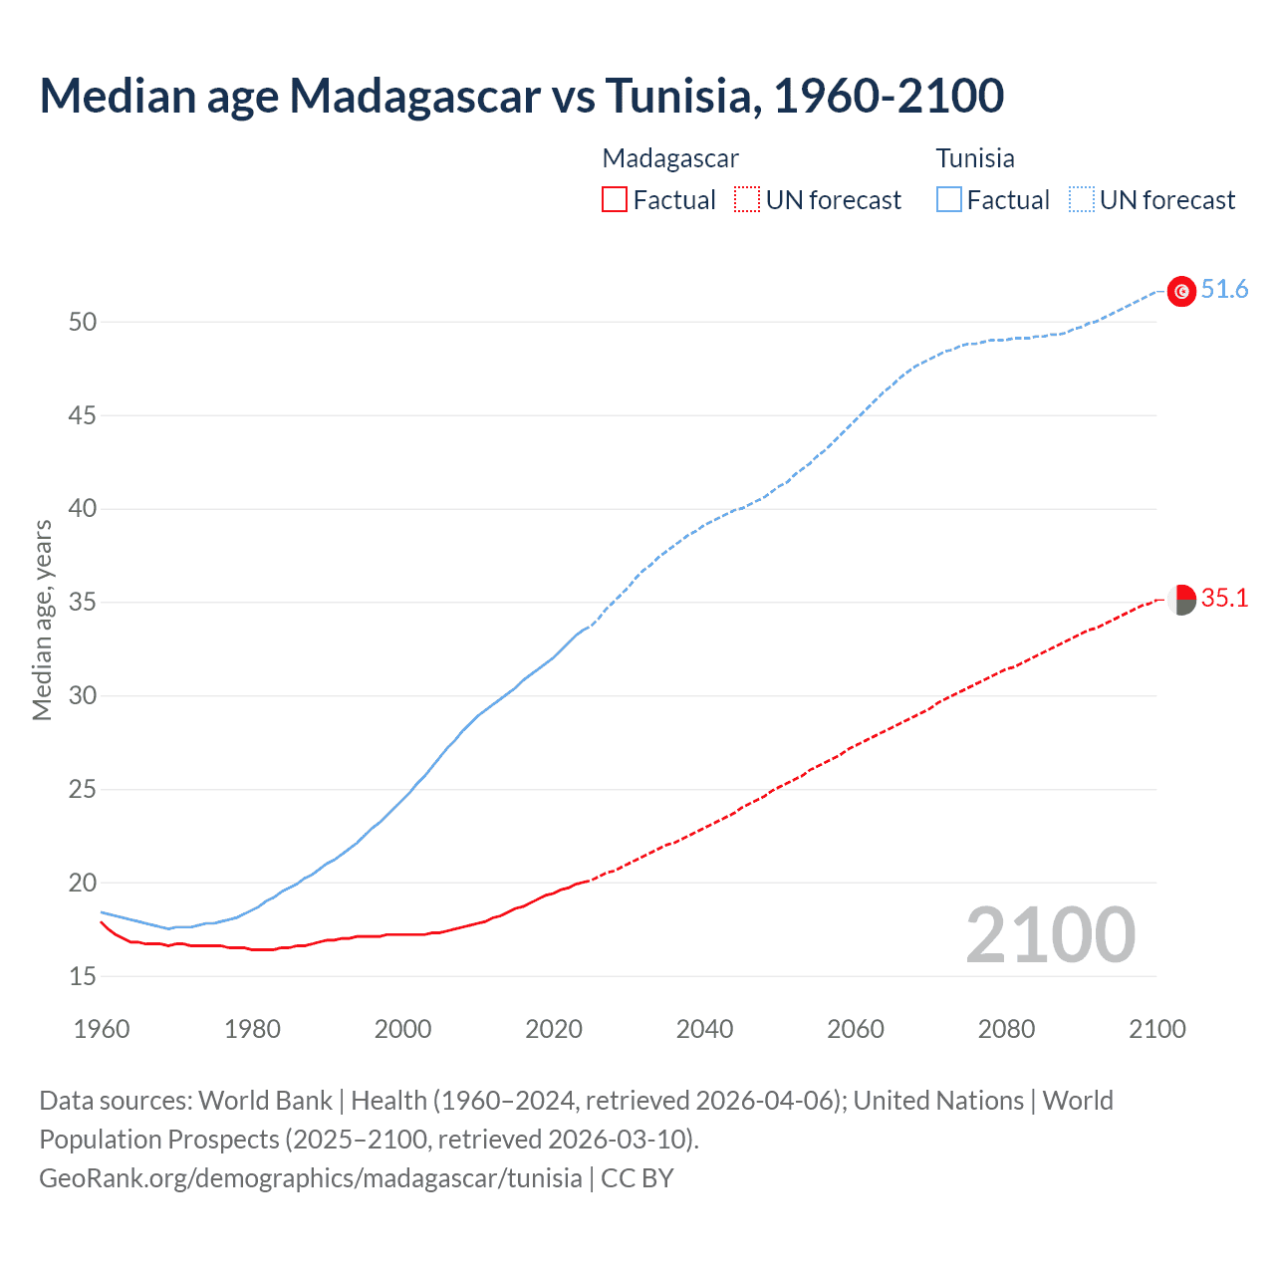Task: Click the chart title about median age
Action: click(x=521, y=96)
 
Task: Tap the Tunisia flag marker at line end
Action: click(x=1181, y=291)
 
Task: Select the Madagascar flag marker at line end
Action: click(x=1181, y=600)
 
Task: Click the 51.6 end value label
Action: click(x=1224, y=289)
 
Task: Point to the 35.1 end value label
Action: click(x=1224, y=598)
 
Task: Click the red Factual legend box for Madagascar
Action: click(x=615, y=199)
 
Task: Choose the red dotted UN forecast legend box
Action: click(x=747, y=199)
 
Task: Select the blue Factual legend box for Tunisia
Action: click(x=948, y=199)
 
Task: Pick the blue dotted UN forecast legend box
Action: click(x=1081, y=199)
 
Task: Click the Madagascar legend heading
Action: click(x=670, y=158)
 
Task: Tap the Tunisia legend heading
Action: click(x=975, y=158)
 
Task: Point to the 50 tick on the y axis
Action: click(x=83, y=322)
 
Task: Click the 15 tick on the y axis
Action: click(x=83, y=976)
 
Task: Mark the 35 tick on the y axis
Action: click(x=83, y=603)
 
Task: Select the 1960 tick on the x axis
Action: click(x=102, y=1029)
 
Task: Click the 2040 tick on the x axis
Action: click(x=704, y=1029)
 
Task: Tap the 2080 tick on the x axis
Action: click(x=1006, y=1029)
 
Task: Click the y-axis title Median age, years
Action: click(x=42, y=620)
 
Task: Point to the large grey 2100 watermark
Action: click(x=1050, y=934)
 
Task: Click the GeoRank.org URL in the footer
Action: click(x=310, y=1178)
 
